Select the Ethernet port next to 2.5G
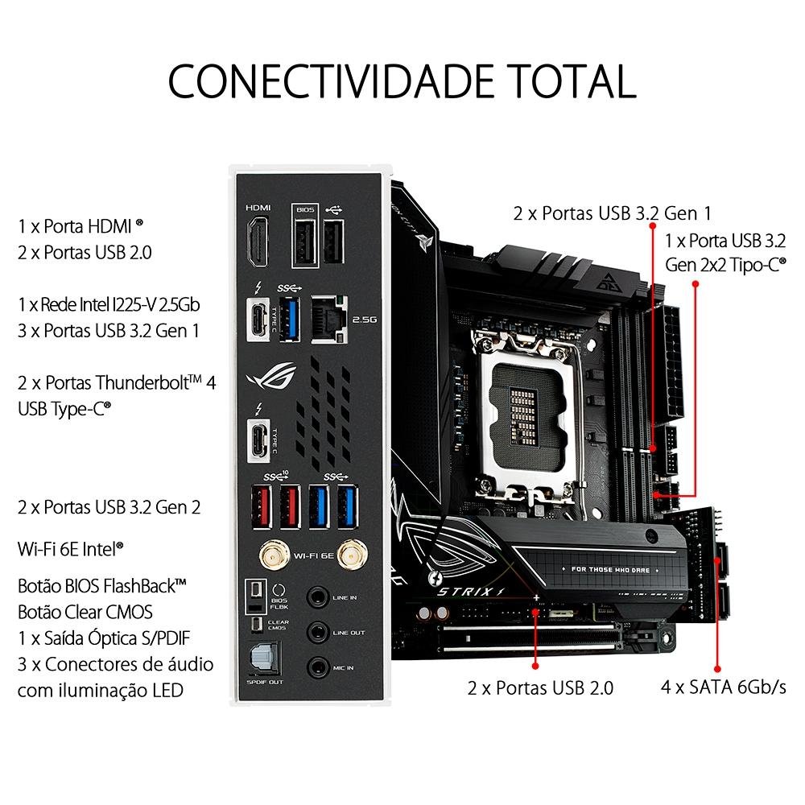[x=328, y=316]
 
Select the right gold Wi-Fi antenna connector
[x=349, y=554]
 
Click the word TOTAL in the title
[x=555, y=80]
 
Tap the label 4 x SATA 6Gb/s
[x=722, y=687]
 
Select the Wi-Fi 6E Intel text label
[x=71, y=549]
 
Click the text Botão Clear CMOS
[x=85, y=611]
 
